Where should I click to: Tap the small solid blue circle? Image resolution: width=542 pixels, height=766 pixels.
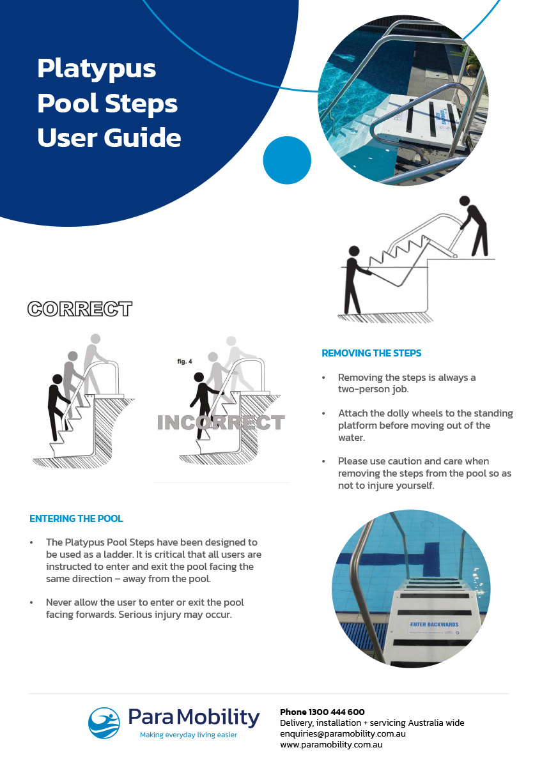pos(287,160)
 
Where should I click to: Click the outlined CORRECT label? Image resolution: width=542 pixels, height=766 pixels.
pos(80,309)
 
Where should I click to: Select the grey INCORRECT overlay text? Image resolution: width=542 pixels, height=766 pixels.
pos(221,423)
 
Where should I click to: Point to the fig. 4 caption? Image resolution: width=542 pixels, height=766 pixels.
pos(185,362)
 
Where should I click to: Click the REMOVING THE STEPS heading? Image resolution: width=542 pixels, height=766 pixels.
pos(371,353)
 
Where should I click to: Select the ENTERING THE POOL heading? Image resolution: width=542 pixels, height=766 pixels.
pos(76,519)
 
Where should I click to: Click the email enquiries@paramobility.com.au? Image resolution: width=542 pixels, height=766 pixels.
pos(343,733)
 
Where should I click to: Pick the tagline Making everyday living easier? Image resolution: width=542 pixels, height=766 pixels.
pos(189,735)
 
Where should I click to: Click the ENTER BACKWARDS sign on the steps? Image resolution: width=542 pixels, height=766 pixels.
pos(434,624)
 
